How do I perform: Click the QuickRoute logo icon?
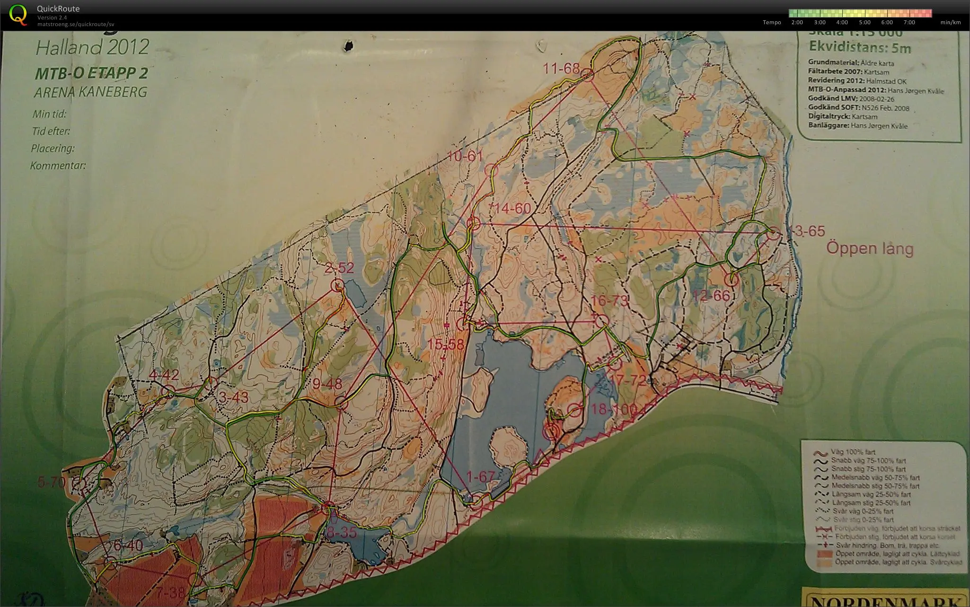[18, 14]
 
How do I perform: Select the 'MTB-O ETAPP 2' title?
[91, 73]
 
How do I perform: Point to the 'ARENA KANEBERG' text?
[90, 92]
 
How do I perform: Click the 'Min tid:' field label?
[49, 114]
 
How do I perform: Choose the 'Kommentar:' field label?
[58, 166]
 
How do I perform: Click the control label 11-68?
[561, 69]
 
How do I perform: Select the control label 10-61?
[465, 156]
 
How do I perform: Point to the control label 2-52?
[339, 268]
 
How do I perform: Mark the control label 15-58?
[445, 344]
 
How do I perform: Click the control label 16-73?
[609, 300]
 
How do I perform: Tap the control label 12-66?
[711, 296]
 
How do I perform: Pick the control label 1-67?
[480, 476]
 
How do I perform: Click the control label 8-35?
[342, 532]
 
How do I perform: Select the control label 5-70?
[51, 483]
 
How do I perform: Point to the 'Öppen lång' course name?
[870, 248]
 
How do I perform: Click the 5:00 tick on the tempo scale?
[864, 22]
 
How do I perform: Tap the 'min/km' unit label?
[950, 22]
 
